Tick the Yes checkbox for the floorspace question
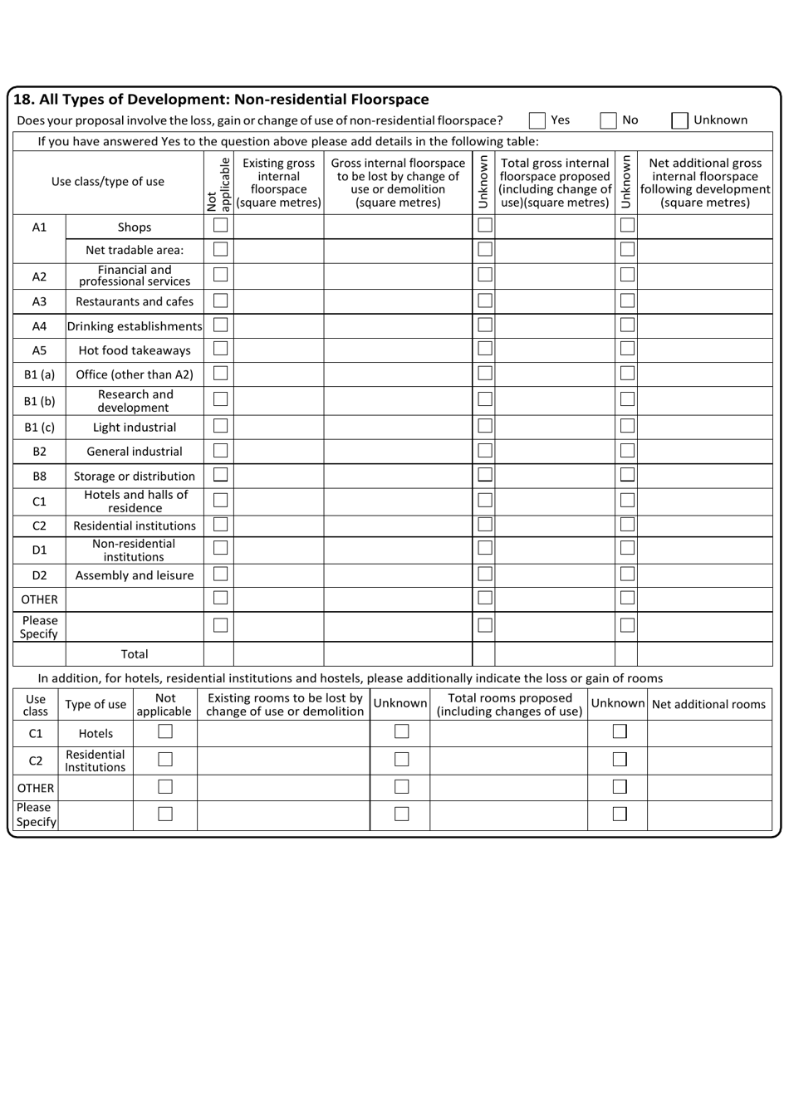[x=537, y=120]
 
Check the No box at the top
[x=609, y=120]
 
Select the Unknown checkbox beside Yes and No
[x=679, y=120]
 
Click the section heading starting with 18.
[x=222, y=100]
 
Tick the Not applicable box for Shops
[x=220, y=226]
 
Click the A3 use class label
[x=39, y=302]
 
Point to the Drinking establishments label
[x=135, y=326]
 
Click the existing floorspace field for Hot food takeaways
[x=278, y=350]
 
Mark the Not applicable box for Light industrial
[x=220, y=427]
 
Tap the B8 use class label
[x=39, y=477]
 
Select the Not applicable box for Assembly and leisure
[x=220, y=575]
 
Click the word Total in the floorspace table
[x=135, y=654]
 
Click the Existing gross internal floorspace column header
[x=278, y=183]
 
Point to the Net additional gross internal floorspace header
[x=704, y=183]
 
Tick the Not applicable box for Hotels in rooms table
[x=165, y=732]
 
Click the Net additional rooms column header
[x=708, y=705]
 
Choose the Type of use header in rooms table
[x=96, y=705]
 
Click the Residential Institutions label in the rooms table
[x=96, y=760]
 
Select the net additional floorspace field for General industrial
[x=704, y=452]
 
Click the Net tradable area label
[x=135, y=250]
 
